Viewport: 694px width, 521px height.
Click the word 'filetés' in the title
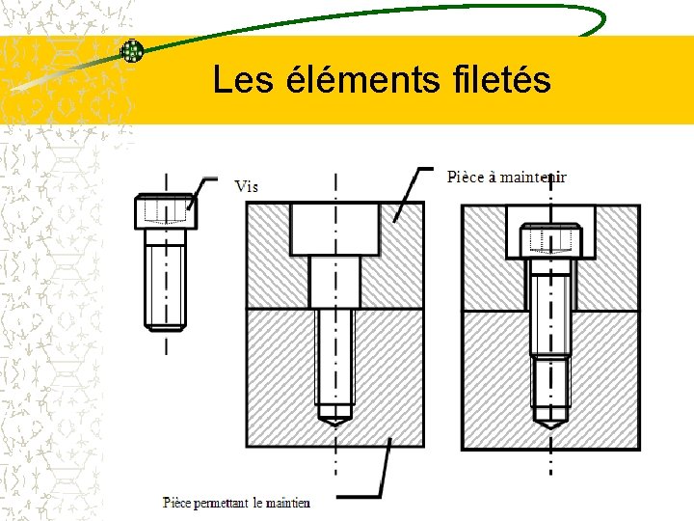tap(498, 80)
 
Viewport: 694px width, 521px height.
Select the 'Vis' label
tap(247, 186)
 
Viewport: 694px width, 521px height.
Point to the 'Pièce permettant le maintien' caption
tap(236, 502)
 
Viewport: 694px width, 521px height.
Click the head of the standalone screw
tap(164, 211)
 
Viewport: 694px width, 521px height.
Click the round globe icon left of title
tap(131, 51)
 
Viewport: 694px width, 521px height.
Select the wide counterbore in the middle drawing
tap(334, 230)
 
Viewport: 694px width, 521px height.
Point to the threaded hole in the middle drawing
tap(334, 362)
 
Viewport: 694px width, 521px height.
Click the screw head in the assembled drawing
tap(550, 240)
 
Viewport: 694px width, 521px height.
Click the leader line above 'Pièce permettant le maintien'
tap(386, 468)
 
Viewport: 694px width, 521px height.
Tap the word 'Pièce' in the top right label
tap(466, 177)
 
